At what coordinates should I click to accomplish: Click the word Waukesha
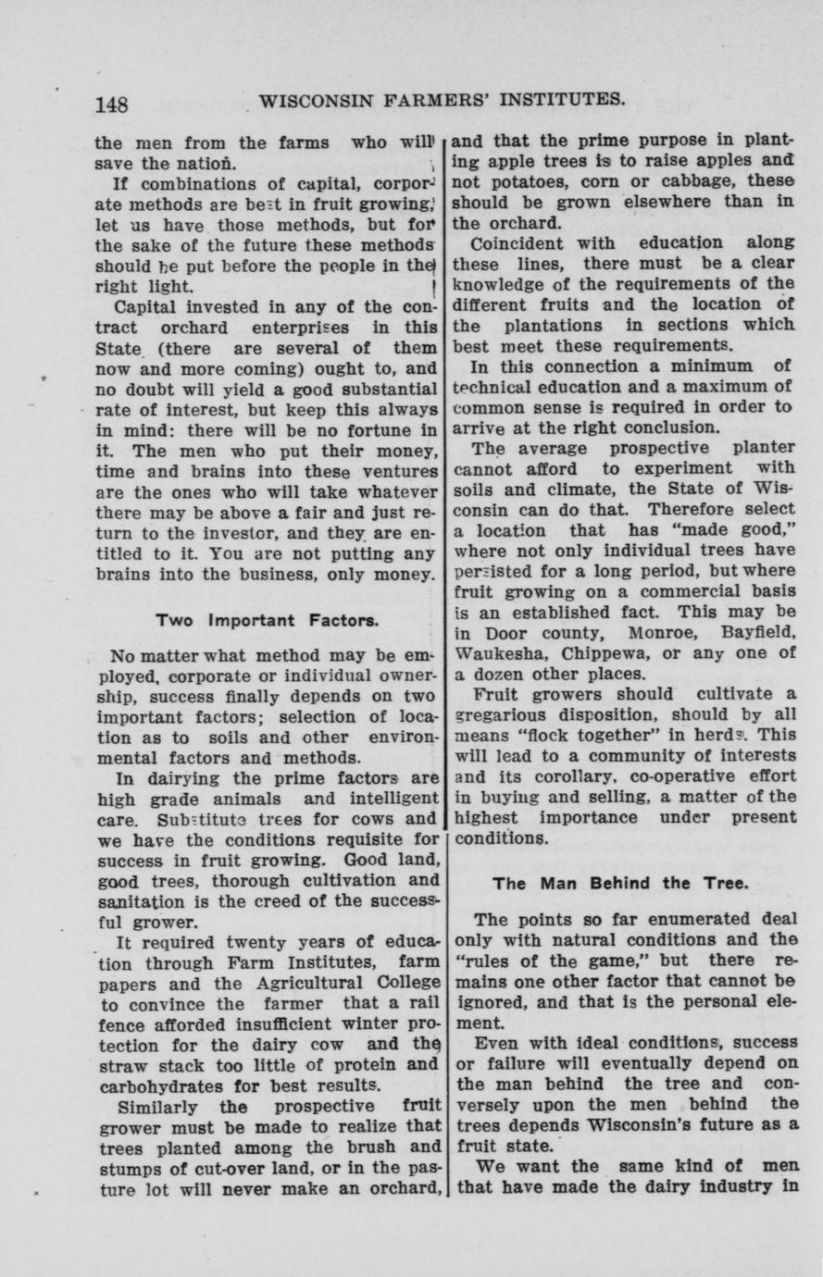pos(490,652)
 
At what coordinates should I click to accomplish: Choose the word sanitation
pos(139,902)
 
